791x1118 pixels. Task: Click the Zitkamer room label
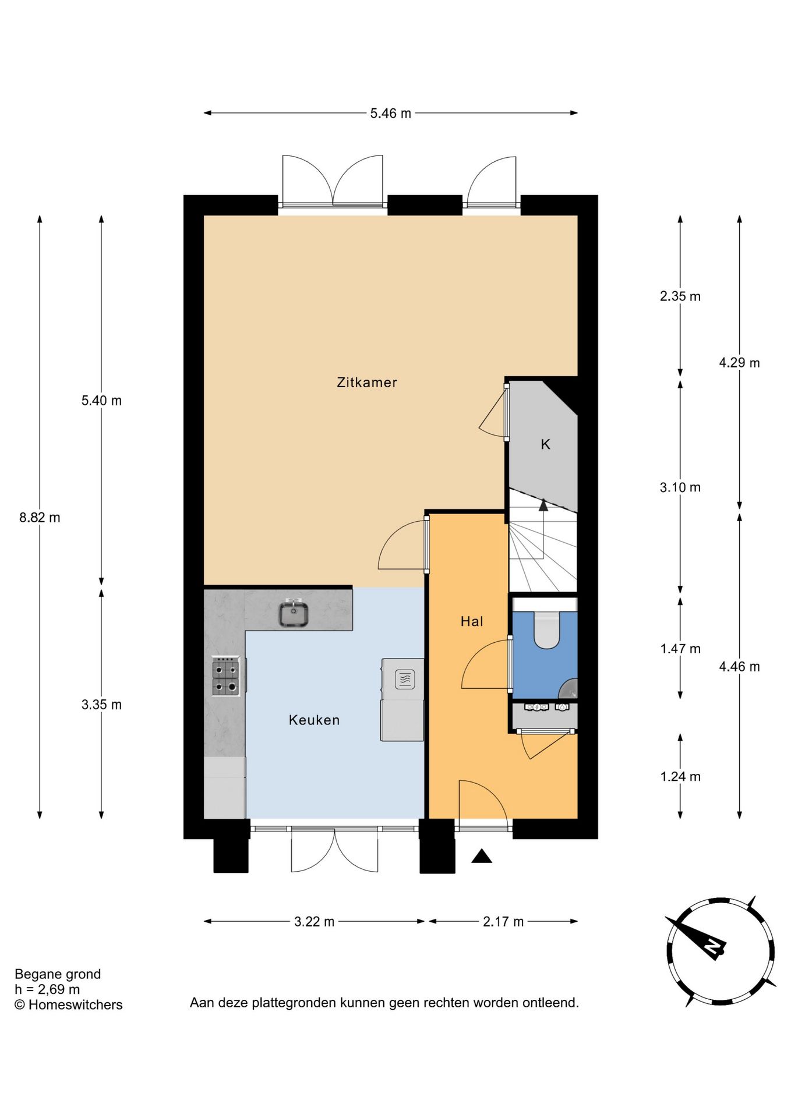(x=367, y=383)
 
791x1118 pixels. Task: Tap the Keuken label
(x=314, y=720)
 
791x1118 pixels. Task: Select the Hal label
(x=472, y=621)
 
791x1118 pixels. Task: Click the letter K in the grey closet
(x=545, y=444)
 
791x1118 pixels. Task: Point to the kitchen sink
(x=294, y=614)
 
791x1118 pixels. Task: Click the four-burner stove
(x=225, y=676)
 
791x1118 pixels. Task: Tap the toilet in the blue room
(x=546, y=629)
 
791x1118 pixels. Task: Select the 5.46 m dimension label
(x=390, y=114)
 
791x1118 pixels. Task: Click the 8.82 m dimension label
(x=40, y=518)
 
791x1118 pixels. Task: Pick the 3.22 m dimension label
(x=314, y=922)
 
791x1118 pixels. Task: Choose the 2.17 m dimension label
(x=503, y=922)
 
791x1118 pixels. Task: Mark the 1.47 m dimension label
(x=680, y=649)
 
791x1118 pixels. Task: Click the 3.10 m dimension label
(x=680, y=487)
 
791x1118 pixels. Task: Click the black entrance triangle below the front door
(x=482, y=856)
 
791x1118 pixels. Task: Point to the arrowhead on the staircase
(x=543, y=505)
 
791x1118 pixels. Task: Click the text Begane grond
(x=58, y=974)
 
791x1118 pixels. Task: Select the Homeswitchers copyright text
(x=69, y=1004)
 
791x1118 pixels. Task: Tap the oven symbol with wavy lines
(x=405, y=679)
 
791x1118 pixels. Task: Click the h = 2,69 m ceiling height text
(x=47, y=989)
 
